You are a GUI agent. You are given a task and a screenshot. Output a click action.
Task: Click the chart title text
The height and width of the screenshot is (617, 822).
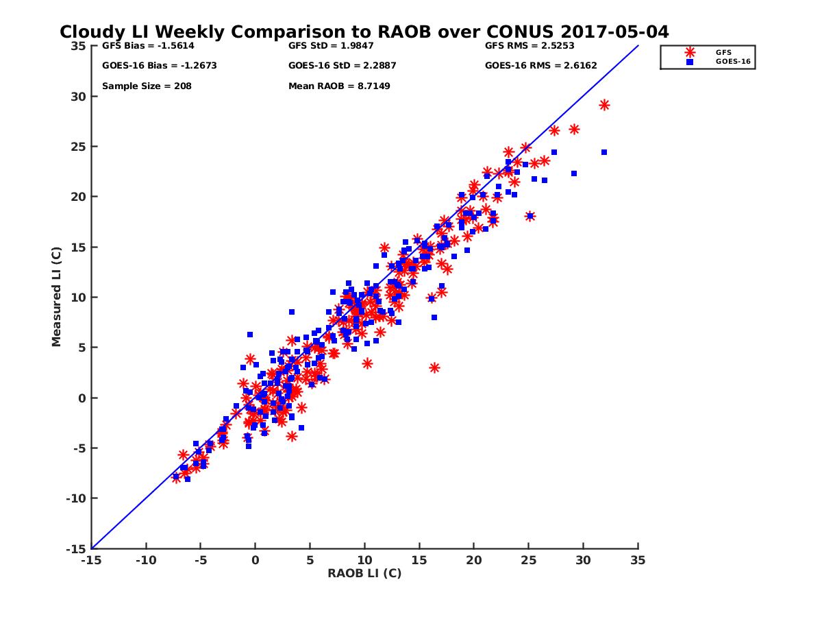point(364,32)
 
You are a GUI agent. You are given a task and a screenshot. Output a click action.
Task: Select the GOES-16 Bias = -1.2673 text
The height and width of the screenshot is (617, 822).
point(150,66)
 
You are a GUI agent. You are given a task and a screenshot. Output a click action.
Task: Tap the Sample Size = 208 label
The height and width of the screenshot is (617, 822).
point(147,86)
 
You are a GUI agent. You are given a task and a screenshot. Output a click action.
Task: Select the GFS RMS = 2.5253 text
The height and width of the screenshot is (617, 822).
point(530,46)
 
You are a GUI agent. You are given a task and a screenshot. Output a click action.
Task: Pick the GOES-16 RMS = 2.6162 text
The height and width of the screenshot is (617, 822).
point(532,66)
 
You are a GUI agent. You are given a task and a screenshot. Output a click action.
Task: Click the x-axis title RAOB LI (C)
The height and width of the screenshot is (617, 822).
point(364,573)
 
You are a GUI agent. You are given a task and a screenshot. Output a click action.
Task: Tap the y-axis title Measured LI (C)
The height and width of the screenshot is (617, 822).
point(56,297)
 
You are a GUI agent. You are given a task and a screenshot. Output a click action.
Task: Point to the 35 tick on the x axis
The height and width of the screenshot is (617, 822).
point(638,560)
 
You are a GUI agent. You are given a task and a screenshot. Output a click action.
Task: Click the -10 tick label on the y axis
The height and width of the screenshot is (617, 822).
point(77,498)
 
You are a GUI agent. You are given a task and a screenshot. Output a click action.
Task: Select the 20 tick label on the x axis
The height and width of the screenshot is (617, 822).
point(473,560)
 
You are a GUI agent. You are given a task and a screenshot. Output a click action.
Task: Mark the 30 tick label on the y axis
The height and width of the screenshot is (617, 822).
point(79,97)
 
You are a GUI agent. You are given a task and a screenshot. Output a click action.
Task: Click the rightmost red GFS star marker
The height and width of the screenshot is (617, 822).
point(604,105)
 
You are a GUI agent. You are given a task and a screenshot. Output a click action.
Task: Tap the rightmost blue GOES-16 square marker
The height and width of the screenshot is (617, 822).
point(604,152)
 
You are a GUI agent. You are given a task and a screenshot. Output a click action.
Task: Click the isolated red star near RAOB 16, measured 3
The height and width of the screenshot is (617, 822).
point(434,368)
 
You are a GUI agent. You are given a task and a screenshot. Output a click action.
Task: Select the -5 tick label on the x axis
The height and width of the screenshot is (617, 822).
point(199,560)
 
